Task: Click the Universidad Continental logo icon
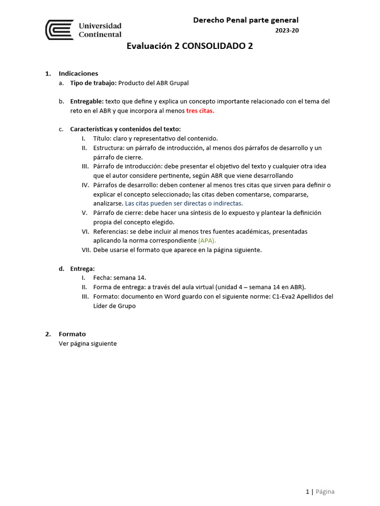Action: (59, 30)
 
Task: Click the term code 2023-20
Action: (287, 31)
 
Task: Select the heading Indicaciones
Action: (78, 74)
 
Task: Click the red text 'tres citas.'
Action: (200, 111)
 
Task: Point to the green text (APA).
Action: (207, 241)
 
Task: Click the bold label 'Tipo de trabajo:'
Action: (94, 83)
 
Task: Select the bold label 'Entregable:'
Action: (87, 101)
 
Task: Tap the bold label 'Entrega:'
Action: (83, 268)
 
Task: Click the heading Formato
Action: (72, 334)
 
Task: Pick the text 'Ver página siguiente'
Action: (88, 343)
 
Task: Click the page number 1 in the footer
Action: (307, 492)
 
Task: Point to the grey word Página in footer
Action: (325, 492)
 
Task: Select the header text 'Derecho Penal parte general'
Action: (245, 20)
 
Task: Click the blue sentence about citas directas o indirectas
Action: (184, 204)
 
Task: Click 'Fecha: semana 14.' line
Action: (120, 278)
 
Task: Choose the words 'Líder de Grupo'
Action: (114, 306)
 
